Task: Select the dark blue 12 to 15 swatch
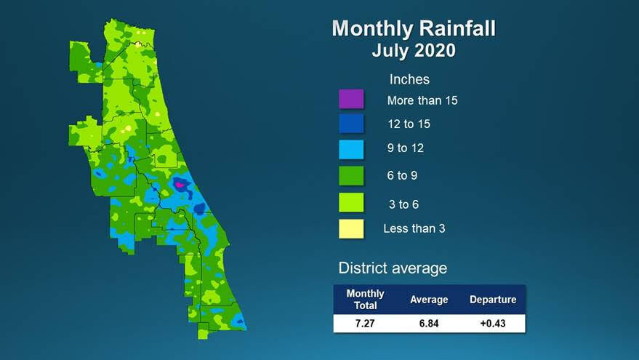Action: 351,124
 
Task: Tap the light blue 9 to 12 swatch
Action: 351,149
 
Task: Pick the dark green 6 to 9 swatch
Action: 351,175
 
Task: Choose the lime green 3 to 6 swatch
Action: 351,202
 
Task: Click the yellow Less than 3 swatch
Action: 351,228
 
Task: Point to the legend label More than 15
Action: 422,100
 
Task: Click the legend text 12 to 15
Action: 408,124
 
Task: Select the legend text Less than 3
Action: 414,228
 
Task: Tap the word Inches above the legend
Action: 409,79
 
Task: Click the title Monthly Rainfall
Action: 414,29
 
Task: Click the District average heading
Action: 393,268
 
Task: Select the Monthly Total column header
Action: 365,300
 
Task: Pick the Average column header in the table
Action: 429,300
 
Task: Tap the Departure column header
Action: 493,300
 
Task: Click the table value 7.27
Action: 365,323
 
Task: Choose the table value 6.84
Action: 429,323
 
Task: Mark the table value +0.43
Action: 493,323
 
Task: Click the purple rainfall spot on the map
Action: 180,185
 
